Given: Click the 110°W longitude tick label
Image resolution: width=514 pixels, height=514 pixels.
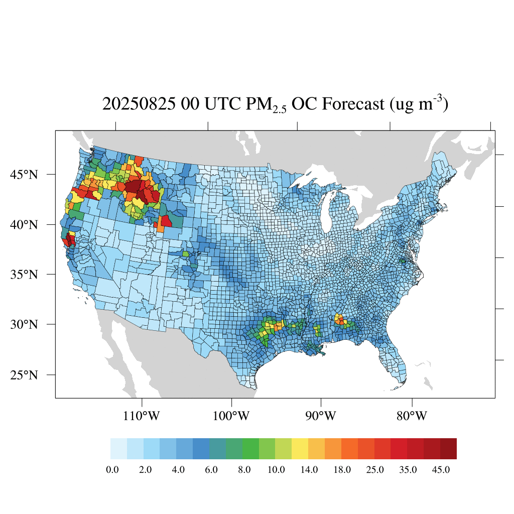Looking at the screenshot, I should click(142, 416).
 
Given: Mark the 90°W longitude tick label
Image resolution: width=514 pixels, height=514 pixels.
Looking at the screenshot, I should click(321, 416).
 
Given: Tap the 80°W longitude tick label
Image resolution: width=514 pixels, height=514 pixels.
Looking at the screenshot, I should click(412, 416).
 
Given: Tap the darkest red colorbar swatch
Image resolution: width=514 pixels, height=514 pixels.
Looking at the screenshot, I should click(448, 449).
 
